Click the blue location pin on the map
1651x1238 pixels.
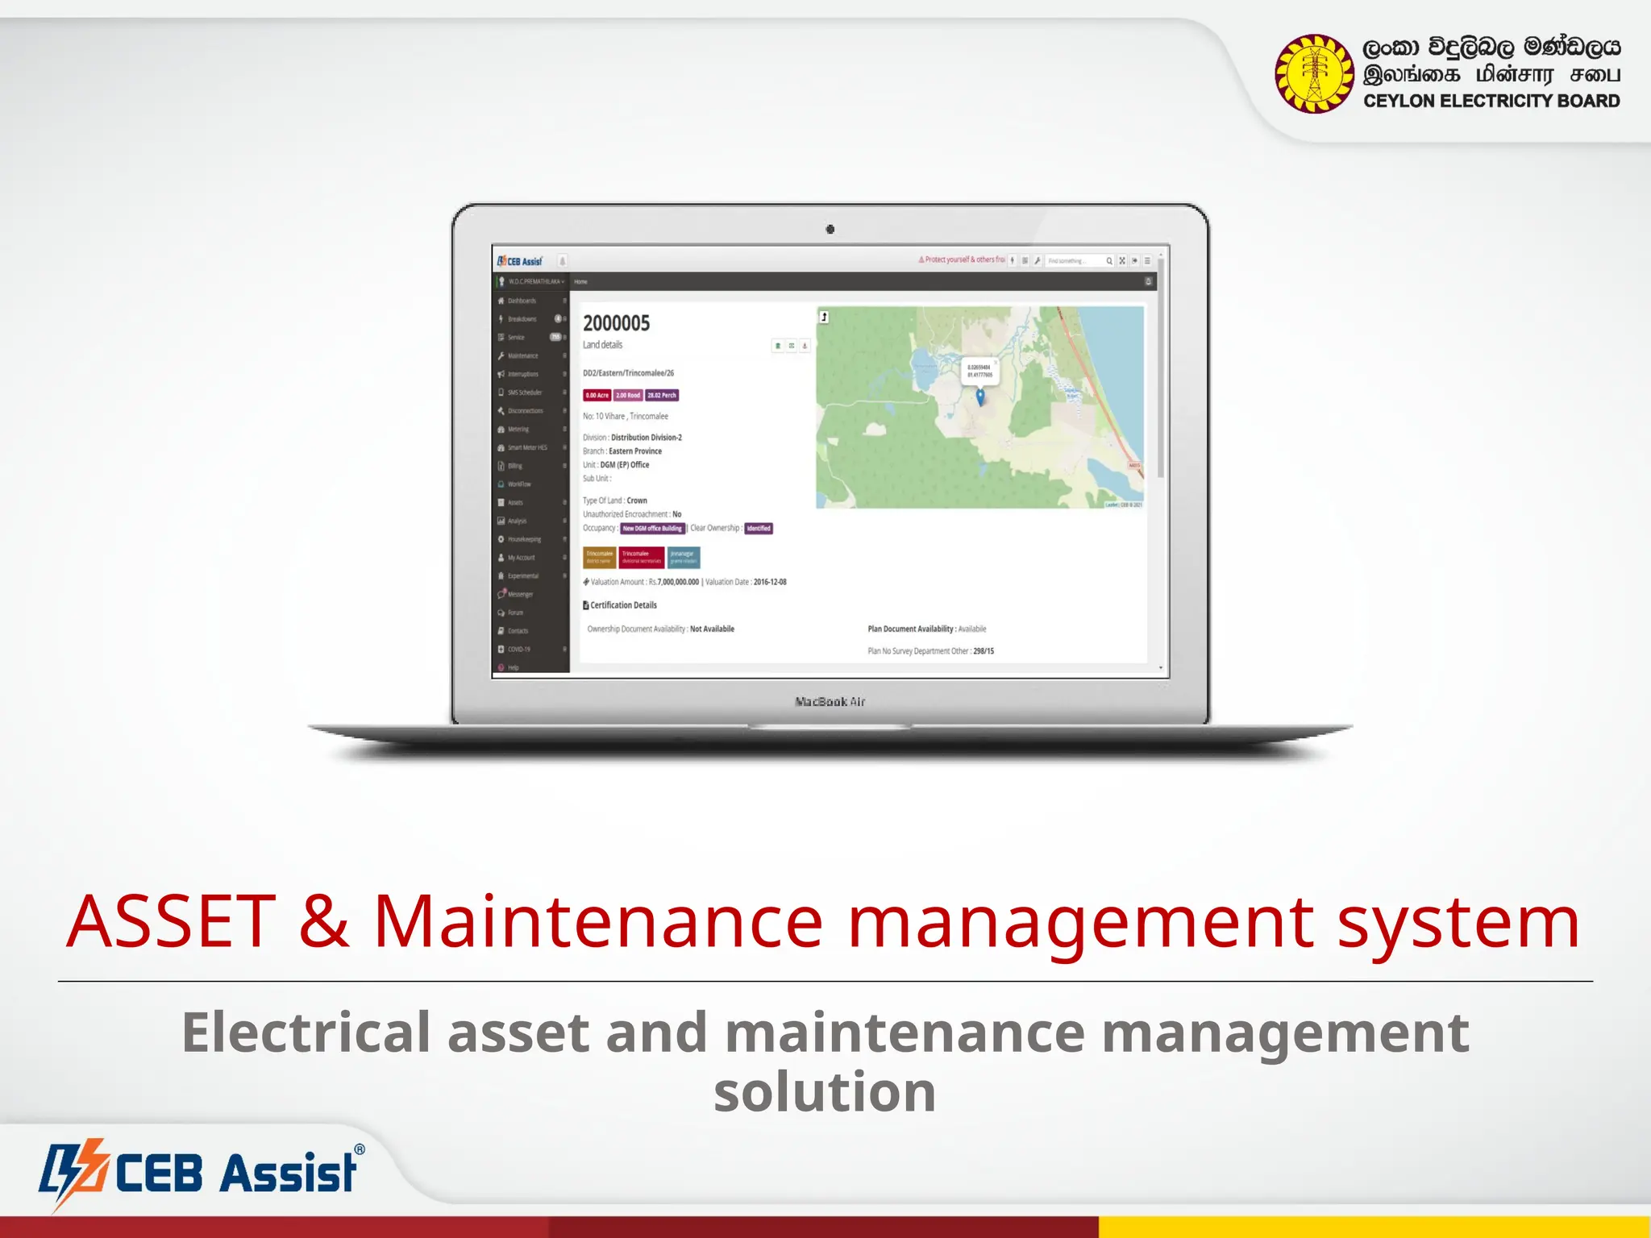tap(980, 396)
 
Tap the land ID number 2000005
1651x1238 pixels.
tap(616, 323)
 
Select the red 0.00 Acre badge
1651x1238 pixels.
tap(597, 395)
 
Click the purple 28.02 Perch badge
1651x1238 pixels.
tap(662, 395)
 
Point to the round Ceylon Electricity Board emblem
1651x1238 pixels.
tap(1314, 73)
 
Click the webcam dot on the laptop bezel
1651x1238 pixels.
tap(830, 230)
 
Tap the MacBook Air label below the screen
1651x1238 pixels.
tap(830, 702)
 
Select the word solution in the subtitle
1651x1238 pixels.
tap(825, 1092)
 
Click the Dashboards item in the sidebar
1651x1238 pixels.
tap(522, 301)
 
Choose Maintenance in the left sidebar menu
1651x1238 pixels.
tap(522, 355)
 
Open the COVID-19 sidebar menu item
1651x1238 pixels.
tap(518, 649)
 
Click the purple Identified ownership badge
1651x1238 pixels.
tap(759, 529)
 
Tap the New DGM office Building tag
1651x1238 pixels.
tap(652, 529)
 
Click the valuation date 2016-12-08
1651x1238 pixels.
tap(770, 582)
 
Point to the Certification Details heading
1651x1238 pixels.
tap(622, 605)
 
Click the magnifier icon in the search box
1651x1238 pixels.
tap(1109, 261)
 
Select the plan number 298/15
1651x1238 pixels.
tap(984, 651)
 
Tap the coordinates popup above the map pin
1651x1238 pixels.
tap(979, 371)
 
